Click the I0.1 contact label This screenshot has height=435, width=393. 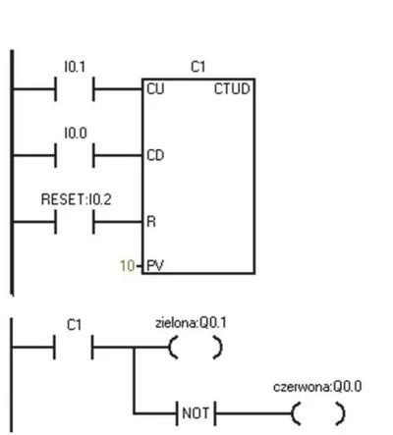click(75, 67)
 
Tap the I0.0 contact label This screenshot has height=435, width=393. click(76, 134)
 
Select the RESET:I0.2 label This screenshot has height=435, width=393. click(77, 199)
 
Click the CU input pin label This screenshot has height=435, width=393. click(155, 89)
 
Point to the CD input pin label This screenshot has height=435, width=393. click(155, 155)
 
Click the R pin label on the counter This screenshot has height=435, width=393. click(151, 222)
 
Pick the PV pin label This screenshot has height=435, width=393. click(155, 265)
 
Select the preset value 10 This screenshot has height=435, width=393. click(128, 266)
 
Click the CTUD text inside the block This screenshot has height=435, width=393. click(232, 89)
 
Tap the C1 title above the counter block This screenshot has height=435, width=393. click(198, 67)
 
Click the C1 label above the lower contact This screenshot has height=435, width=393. click(74, 325)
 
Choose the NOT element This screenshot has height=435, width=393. click(196, 413)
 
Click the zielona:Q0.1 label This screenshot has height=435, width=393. click(191, 323)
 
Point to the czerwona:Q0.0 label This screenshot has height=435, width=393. click(317, 387)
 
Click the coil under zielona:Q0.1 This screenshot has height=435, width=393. click(196, 347)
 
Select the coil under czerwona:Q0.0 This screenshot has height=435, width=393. click(318, 413)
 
